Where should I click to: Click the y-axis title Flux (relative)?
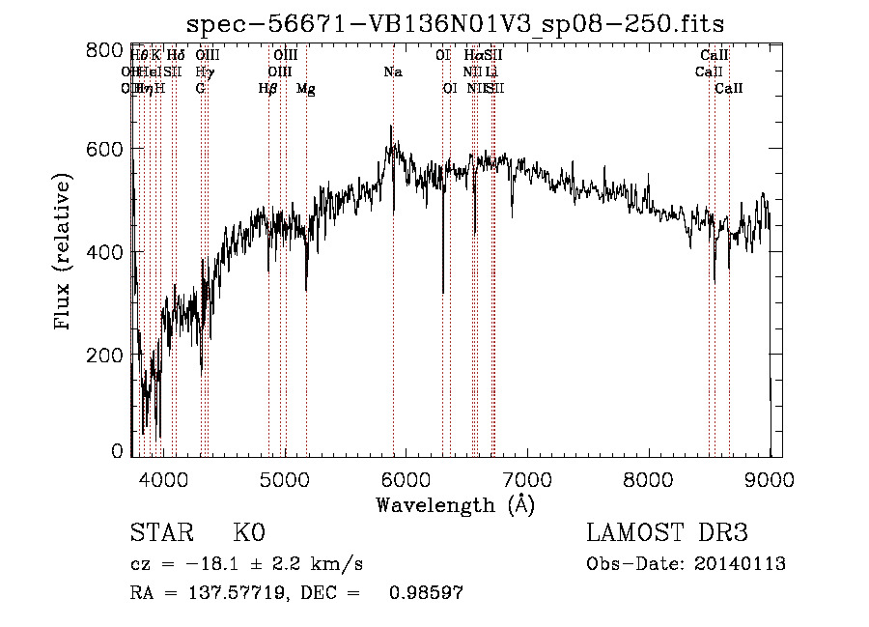click(64, 252)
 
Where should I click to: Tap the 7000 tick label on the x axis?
click(527, 478)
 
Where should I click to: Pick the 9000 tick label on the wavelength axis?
click(770, 478)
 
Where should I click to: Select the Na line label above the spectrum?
click(393, 71)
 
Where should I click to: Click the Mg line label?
click(306, 89)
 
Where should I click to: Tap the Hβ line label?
click(268, 88)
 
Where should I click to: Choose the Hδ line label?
click(175, 56)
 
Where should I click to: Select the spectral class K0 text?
click(248, 533)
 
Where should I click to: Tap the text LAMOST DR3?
click(667, 533)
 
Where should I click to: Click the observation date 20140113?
click(743, 564)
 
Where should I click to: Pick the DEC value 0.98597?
click(426, 593)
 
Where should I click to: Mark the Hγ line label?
click(203, 71)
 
